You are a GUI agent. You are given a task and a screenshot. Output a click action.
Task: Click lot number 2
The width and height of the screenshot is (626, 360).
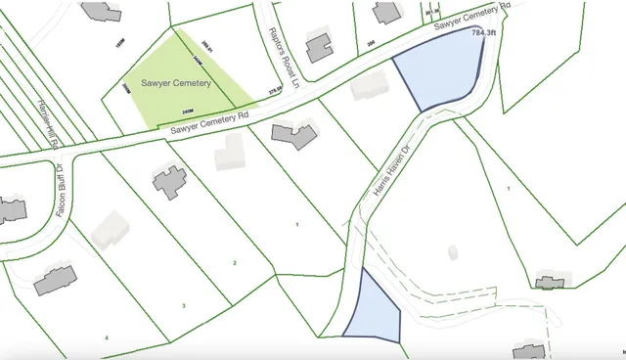click(234, 263)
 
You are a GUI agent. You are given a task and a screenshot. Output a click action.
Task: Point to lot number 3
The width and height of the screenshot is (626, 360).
click(184, 305)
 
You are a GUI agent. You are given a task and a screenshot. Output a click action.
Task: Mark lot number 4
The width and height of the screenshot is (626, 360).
click(108, 337)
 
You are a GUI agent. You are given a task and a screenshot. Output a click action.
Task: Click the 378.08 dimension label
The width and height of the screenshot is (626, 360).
click(276, 92)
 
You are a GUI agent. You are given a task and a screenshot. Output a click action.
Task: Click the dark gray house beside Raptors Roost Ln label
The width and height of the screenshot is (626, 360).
click(318, 46)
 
